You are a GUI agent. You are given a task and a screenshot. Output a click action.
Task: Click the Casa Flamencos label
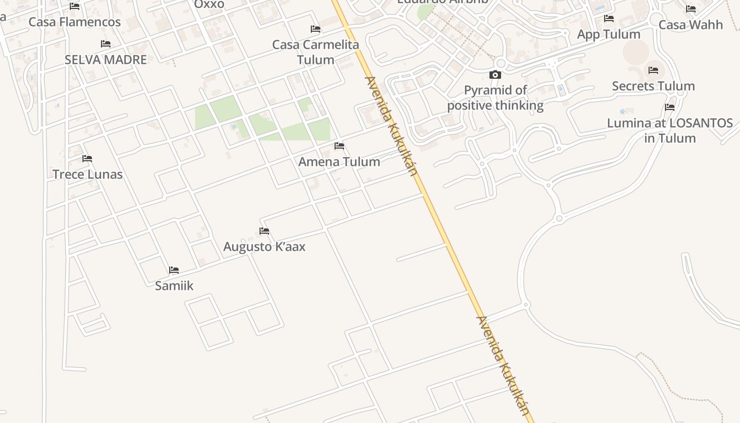(75, 22)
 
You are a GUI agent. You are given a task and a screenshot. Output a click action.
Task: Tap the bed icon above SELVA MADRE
(106, 44)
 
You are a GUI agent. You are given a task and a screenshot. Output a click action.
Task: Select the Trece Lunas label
(87, 174)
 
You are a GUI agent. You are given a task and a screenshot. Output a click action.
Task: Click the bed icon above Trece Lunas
(87, 159)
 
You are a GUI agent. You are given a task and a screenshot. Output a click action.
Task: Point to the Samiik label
(174, 286)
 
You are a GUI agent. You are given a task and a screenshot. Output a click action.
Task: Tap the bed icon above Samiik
(174, 270)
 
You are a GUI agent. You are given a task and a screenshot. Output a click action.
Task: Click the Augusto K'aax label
(264, 247)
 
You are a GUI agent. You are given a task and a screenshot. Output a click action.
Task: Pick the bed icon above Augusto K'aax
(264, 231)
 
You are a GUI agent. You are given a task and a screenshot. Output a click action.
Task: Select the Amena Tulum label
(339, 162)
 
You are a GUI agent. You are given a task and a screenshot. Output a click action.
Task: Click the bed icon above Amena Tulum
(339, 146)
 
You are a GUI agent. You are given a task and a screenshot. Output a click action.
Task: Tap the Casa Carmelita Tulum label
(316, 52)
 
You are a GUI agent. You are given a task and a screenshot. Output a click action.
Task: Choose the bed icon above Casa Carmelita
(316, 29)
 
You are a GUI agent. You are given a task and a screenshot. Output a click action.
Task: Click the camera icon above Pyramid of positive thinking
(495, 75)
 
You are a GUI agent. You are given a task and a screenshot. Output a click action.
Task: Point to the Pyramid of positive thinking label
(495, 98)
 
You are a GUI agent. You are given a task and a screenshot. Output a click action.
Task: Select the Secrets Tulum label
(653, 86)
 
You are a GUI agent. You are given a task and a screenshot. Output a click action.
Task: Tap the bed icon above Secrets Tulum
(653, 70)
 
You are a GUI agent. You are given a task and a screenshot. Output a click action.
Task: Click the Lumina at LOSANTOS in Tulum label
(670, 131)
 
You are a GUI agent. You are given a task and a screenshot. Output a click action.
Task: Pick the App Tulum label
(609, 34)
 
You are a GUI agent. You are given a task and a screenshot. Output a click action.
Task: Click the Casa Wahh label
(691, 25)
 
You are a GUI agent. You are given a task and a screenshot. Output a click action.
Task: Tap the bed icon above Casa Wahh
(691, 9)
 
